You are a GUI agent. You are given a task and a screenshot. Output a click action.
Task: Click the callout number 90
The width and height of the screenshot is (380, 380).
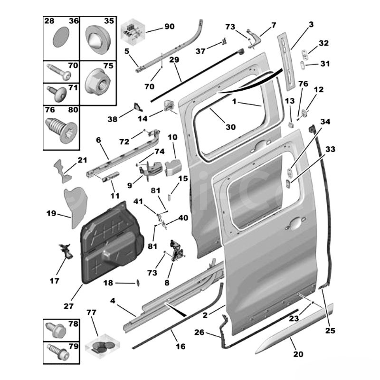pos(170,27)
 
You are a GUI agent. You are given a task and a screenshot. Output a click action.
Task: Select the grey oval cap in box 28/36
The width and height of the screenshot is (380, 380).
pos(60,37)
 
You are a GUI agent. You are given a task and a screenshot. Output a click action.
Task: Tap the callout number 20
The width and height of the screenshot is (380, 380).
pos(298,354)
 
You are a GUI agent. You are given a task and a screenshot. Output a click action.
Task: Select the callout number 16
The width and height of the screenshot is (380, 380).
pos(180,346)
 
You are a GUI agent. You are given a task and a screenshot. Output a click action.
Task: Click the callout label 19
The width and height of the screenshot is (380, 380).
pos(51,213)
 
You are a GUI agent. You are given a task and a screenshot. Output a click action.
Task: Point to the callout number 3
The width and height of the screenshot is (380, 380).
pos(311,24)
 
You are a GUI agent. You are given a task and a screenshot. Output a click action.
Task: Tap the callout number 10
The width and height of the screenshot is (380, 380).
pos(172,137)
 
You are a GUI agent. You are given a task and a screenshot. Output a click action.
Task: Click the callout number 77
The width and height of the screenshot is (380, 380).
pos(91,312)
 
